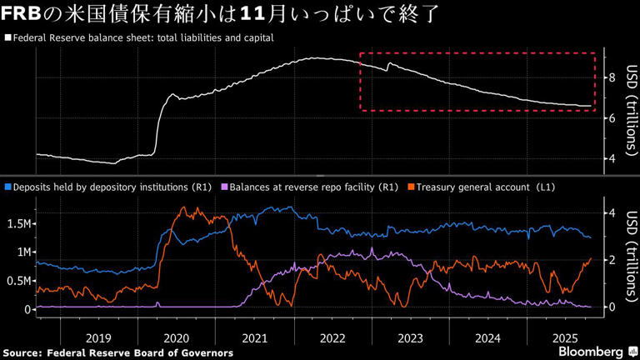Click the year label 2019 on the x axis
coord(98,338)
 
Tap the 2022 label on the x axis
coord(332,338)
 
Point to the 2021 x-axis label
coord(254,338)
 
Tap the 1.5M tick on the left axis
coord(18,224)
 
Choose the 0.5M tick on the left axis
coord(18,281)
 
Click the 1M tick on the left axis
coord(22,252)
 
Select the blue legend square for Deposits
coord(7,187)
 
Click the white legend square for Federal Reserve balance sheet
coord(7,38)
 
